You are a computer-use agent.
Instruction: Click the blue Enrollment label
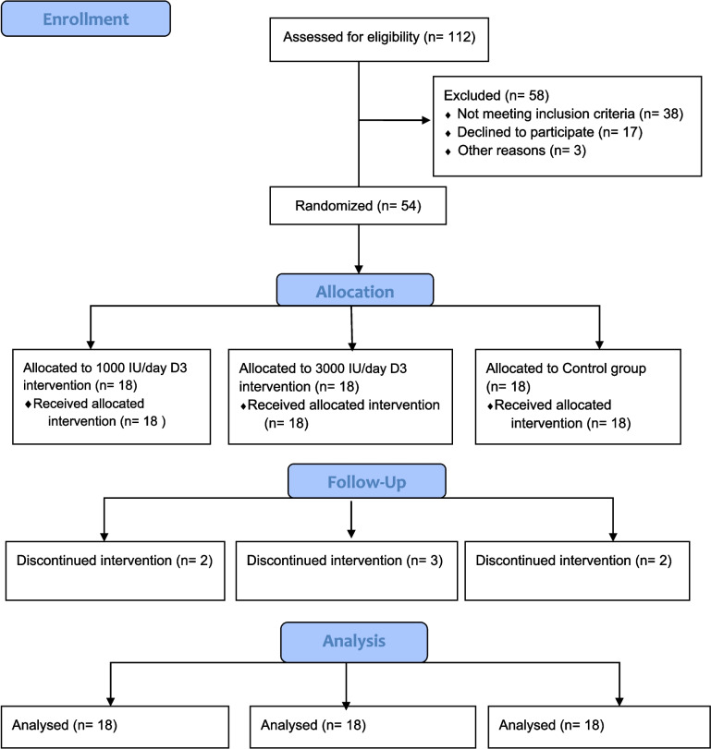tap(86, 18)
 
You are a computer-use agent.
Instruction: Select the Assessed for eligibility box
tap(379, 40)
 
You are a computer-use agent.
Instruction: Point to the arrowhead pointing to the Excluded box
tap(425, 120)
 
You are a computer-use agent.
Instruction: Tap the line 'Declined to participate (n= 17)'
tap(550, 132)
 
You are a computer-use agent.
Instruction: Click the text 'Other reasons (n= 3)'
tap(521, 151)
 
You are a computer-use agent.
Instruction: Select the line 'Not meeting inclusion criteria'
tap(546, 114)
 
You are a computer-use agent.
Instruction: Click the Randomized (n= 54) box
tap(358, 205)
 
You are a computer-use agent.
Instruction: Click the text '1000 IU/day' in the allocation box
tap(129, 368)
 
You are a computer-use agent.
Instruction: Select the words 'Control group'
tap(604, 368)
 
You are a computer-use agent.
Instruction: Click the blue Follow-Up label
tap(367, 481)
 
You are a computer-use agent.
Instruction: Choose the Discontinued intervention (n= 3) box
tap(347, 571)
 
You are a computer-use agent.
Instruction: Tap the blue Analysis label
tap(354, 642)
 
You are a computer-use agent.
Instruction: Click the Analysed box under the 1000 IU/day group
tap(115, 727)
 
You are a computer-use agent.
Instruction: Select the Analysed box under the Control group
tap(599, 727)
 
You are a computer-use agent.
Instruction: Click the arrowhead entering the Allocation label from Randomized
tap(359, 269)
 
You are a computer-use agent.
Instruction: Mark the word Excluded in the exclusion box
tap(472, 95)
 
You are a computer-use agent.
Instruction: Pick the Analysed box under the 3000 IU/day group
tap(363, 727)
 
